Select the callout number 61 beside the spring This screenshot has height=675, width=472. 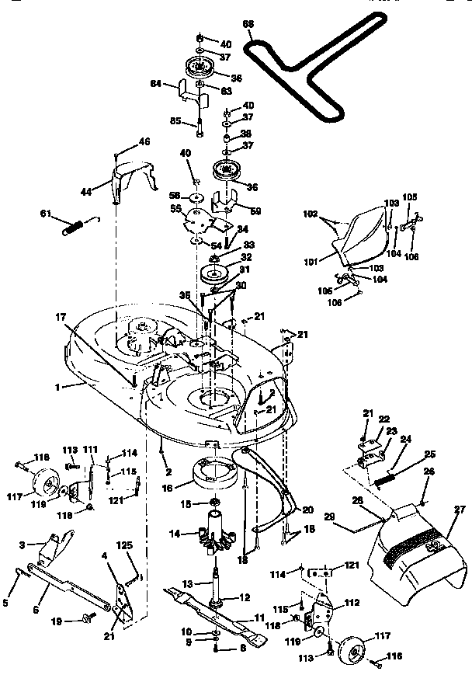coord(46,214)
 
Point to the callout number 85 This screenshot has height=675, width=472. coord(175,120)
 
